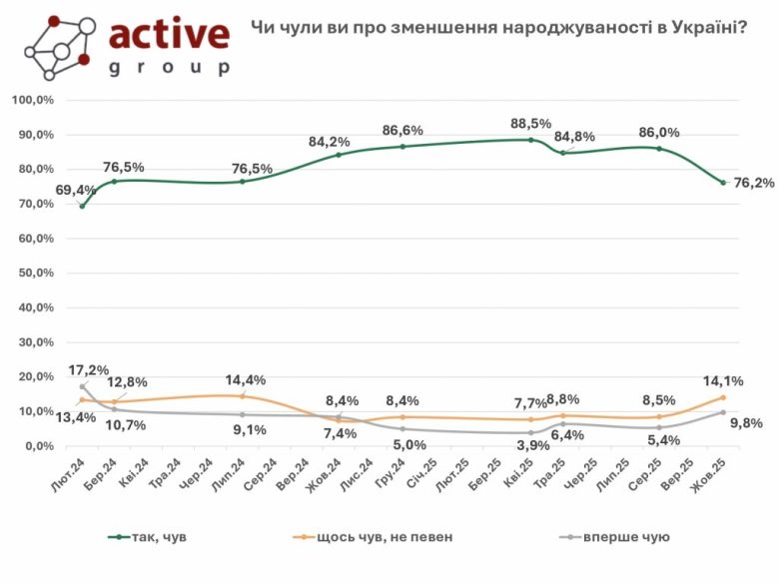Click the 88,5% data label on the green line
pyautogui.click(x=529, y=124)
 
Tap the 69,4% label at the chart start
pyautogui.click(x=75, y=190)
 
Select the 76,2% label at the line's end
pyautogui.click(x=754, y=184)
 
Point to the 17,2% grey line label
pyautogui.click(x=90, y=370)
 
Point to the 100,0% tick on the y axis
pyautogui.click(x=32, y=101)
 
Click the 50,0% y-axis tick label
pyautogui.click(x=34, y=274)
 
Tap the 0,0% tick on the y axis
pyautogui.click(x=38, y=446)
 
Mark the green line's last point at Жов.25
pyautogui.click(x=723, y=183)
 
